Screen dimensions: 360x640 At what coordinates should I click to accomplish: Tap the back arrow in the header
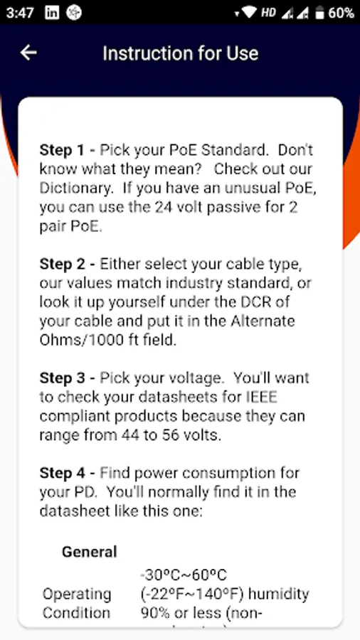click(x=28, y=53)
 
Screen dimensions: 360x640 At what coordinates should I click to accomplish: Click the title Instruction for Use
click(x=181, y=53)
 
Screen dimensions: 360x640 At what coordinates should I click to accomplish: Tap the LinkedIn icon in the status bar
click(x=52, y=13)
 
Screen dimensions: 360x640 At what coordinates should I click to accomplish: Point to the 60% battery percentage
click(x=342, y=13)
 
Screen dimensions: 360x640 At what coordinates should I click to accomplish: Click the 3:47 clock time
click(x=20, y=13)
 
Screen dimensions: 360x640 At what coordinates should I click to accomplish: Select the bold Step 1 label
click(x=62, y=151)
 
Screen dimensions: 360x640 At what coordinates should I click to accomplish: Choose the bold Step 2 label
click(x=63, y=264)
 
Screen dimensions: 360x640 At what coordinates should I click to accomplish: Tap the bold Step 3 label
click(x=63, y=378)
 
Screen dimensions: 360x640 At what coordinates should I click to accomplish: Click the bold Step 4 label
click(x=63, y=474)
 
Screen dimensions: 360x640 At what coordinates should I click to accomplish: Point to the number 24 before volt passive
click(x=163, y=208)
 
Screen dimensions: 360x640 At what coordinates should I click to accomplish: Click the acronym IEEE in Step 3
click(x=261, y=397)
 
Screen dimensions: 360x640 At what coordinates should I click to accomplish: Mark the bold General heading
click(x=90, y=552)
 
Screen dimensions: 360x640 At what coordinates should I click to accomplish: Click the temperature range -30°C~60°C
click(x=184, y=575)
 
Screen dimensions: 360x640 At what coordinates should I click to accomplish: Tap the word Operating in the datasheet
click(x=77, y=594)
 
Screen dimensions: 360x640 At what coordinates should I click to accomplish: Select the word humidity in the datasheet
click(x=279, y=594)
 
